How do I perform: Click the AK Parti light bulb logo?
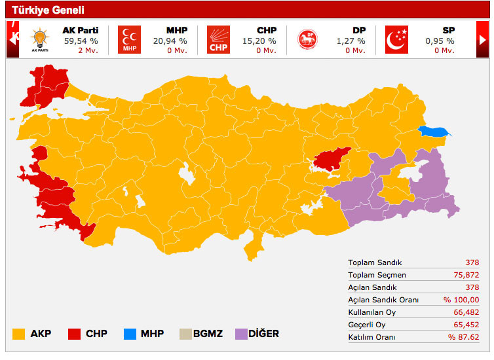tap(39, 39)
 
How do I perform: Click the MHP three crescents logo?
tap(129, 39)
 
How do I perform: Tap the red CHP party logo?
tap(219, 39)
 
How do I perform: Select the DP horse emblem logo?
tap(307, 39)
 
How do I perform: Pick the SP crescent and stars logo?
tap(396, 39)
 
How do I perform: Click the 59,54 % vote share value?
tap(79, 41)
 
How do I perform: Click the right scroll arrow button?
tap(482, 39)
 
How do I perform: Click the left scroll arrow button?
tap(12, 39)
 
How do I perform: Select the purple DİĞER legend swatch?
tap(234, 334)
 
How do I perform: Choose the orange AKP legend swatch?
tap(18, 334)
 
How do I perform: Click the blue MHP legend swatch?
tap(130, 334)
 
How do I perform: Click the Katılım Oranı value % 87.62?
tap(463, 337)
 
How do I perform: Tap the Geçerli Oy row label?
tap(366, 325)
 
